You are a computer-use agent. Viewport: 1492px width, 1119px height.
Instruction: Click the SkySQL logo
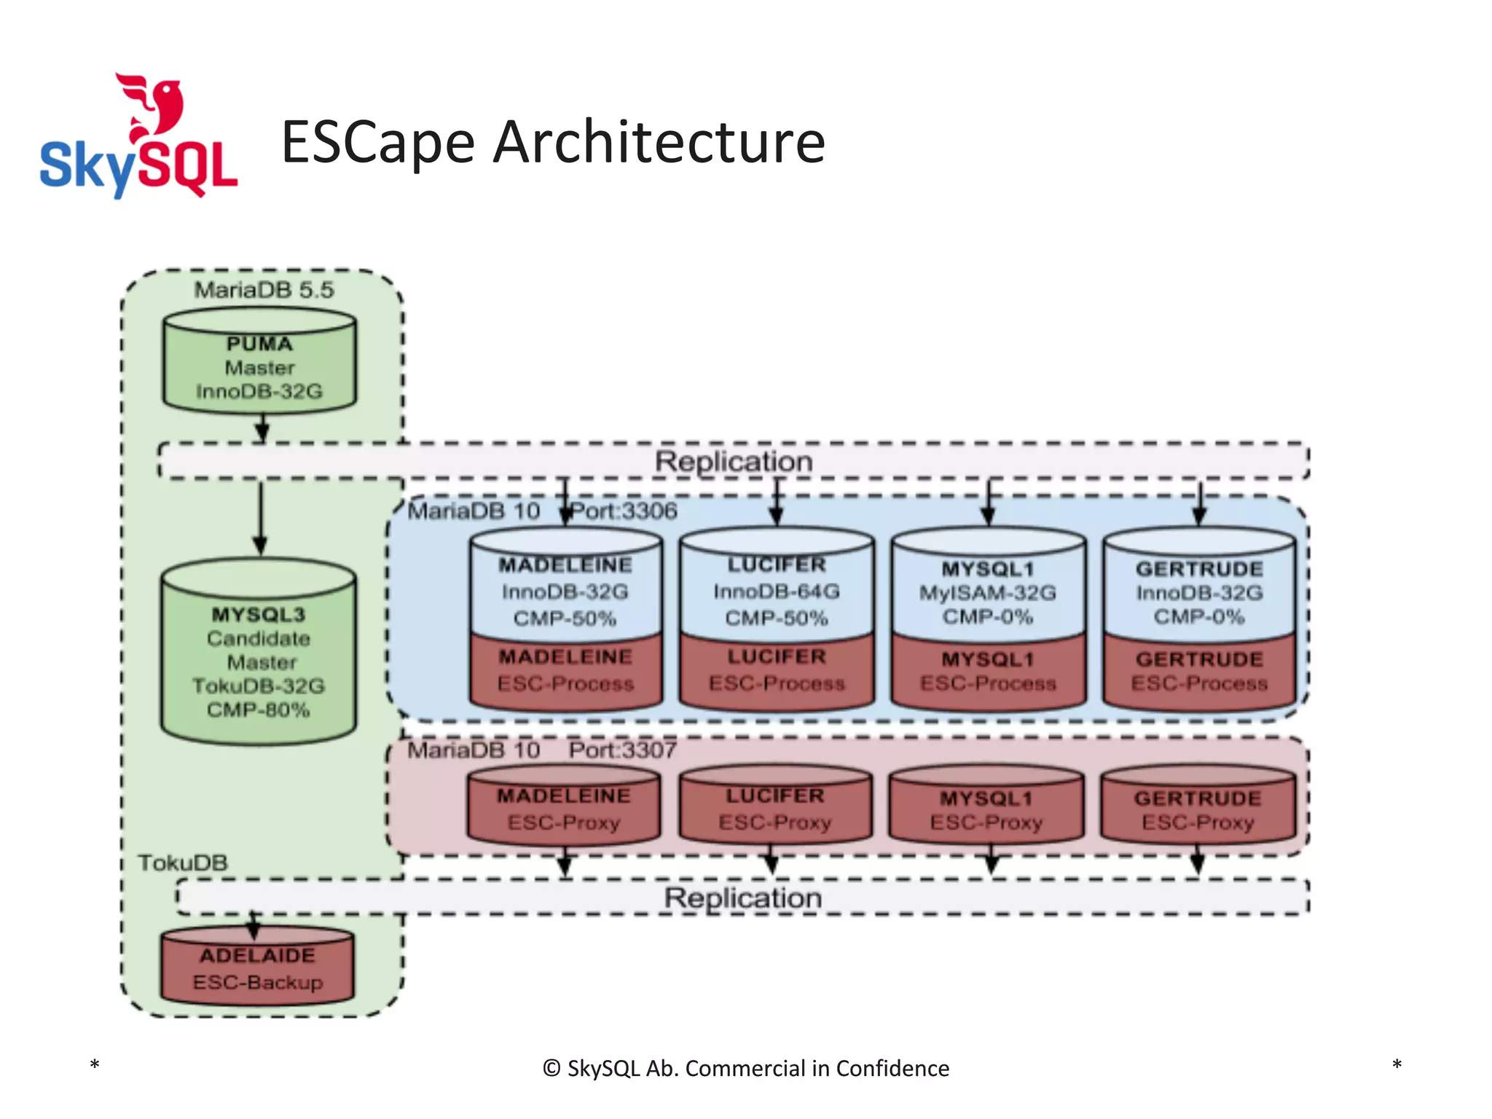(138, 138)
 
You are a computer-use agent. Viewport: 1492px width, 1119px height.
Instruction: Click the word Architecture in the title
(659, 142)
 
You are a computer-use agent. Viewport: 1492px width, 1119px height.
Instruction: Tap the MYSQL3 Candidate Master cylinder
(259, 652)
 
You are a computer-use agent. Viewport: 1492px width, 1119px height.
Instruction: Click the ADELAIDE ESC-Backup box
(257, 967)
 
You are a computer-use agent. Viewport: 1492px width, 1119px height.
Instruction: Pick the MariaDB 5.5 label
(264, 290)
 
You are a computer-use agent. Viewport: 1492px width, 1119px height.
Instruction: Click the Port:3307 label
(623, 750)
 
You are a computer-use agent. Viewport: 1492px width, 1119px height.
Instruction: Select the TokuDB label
(183, 863)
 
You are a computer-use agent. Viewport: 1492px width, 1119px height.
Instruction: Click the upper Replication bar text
(733, 461)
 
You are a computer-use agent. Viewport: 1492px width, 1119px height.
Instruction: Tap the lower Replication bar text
(742, 898)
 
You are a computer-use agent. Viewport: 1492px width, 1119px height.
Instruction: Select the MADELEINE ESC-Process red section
(565, 670)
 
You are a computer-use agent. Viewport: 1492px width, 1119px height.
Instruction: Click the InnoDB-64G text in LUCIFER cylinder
(777, 592)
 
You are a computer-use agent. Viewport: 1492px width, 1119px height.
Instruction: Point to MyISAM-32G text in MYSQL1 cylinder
(987, 593)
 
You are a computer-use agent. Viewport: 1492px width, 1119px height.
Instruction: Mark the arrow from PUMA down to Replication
(262, 428)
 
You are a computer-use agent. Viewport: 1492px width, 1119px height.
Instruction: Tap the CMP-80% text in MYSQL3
(259, 710)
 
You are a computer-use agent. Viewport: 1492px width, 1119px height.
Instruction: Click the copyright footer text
(746, 1068)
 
